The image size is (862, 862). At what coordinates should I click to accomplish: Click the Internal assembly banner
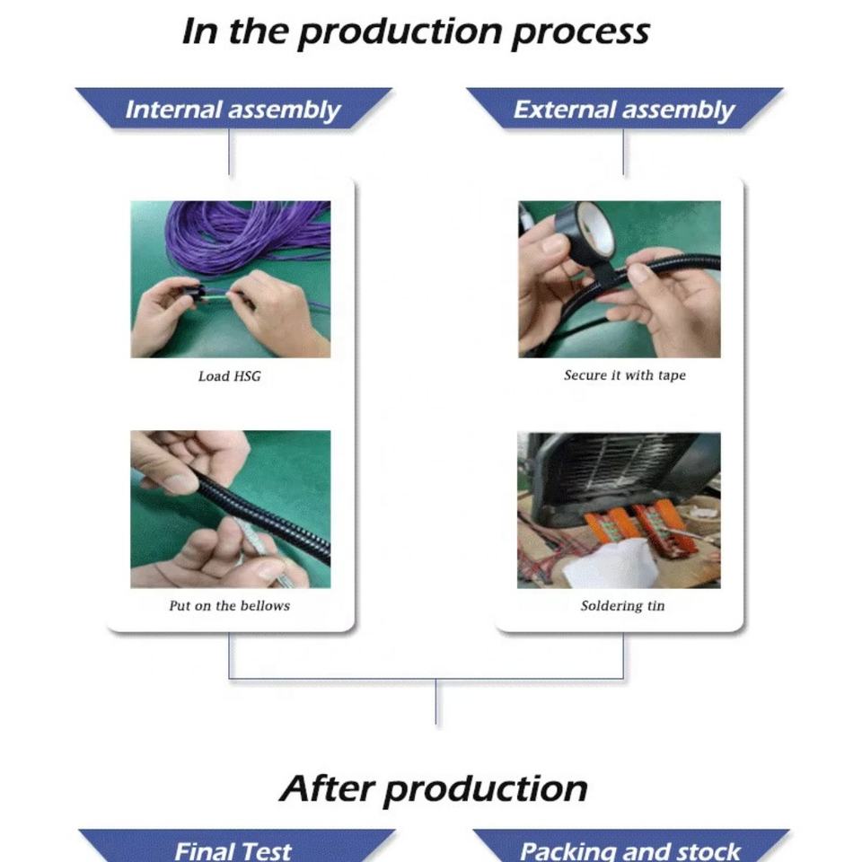click(233, 110)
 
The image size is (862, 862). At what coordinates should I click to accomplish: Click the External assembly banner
click(623, 110)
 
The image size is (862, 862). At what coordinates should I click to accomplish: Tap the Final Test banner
click(233, 848)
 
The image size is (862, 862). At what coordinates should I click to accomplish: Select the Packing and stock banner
click(630, 849)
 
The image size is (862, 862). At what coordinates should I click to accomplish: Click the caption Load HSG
click(229, 376)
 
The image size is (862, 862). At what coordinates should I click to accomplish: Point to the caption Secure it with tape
click(624, 375)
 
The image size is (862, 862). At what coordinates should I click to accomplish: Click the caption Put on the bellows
click(229, 606)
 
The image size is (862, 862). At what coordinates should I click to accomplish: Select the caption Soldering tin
click(622, 606)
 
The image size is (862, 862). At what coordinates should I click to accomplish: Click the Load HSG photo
click(230, 279)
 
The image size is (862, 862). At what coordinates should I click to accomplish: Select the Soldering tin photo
click(619, 510)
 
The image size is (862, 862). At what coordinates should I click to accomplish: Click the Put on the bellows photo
click(230, 509)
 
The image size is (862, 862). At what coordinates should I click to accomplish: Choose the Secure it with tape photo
click(619, 279)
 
